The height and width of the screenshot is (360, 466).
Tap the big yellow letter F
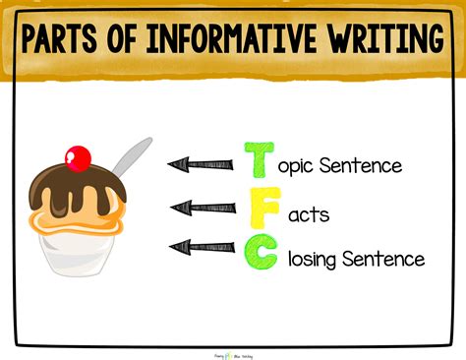tap(260, 210)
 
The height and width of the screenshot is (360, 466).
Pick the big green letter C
tap(261, 255)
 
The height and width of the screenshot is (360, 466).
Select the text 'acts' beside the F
tap(302, 213)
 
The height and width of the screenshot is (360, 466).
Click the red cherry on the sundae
tap(77, 156)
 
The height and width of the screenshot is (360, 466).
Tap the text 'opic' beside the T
tap(302, 166)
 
